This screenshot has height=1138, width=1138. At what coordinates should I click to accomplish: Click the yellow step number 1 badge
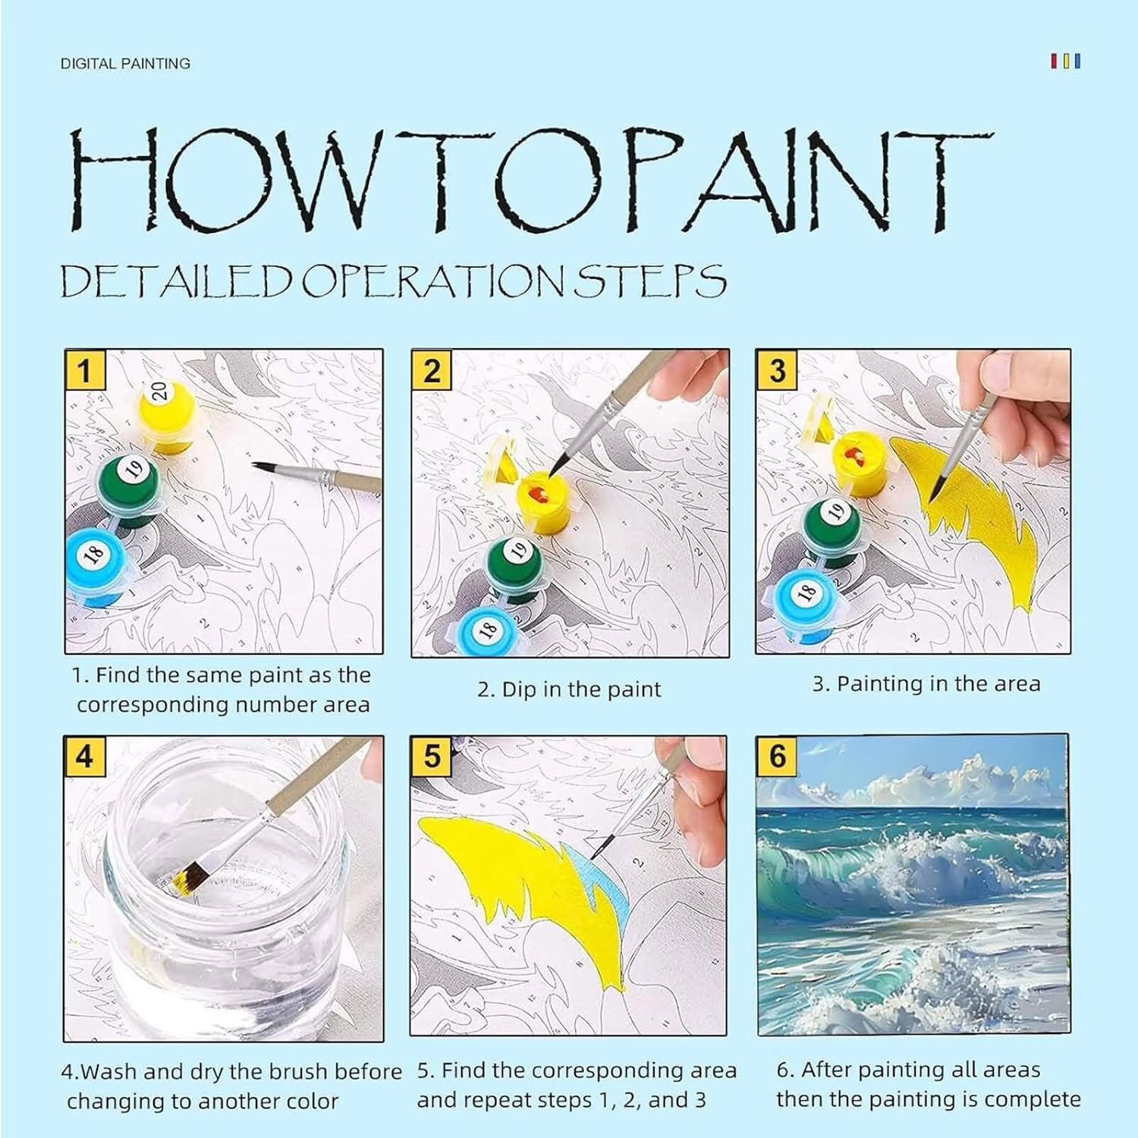pos(84,370)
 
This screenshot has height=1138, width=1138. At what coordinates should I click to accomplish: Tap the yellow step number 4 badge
pos(84,756)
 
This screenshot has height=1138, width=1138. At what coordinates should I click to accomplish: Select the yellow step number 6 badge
pos(778,756)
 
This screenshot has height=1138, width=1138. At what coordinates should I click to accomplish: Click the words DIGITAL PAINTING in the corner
pos(125,64)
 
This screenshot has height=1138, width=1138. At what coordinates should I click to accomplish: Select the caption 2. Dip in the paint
pos(569,690)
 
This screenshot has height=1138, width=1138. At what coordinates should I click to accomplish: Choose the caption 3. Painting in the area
pos(926,684)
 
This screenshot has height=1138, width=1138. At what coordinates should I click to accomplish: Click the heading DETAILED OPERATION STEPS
pos(393,281)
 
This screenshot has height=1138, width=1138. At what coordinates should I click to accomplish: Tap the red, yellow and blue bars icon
pos(1065,61)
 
